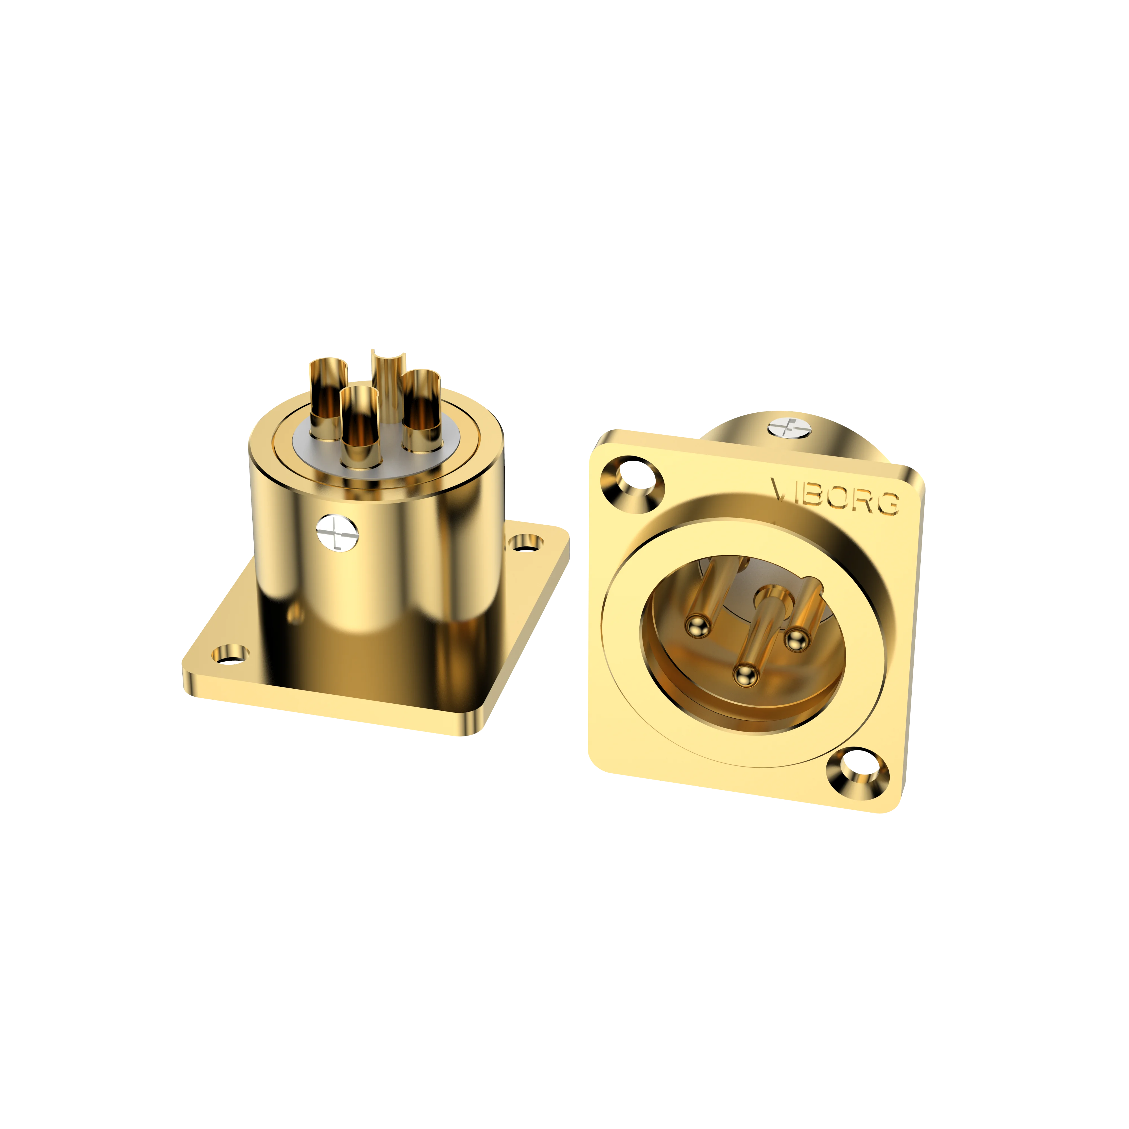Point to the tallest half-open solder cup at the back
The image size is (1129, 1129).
pyautogui.click(x=389, y=374)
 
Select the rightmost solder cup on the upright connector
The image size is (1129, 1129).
pyautogui.click(x=421, y=409)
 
